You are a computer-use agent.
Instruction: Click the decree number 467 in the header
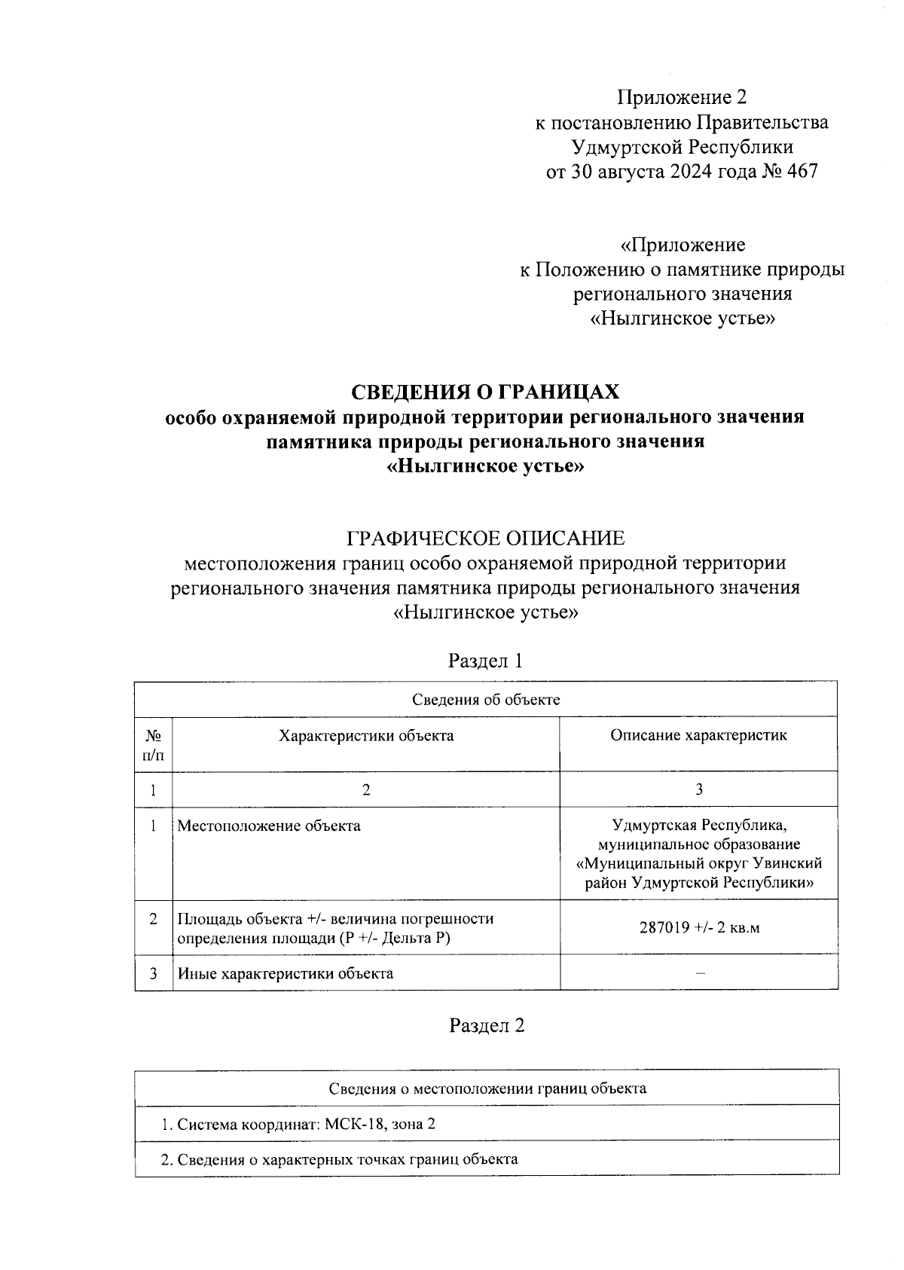[801, 172]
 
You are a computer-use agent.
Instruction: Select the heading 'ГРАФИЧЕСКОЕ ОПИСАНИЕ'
[485, 538]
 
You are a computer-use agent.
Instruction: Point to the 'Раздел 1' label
[485, 661]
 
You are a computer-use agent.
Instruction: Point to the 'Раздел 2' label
[486, 1025]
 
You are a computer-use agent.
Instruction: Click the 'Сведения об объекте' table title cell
[485, 699]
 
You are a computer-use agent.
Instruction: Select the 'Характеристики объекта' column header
[366, 735]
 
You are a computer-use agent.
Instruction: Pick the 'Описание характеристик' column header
[698, 735]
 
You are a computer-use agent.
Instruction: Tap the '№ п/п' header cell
[153, 743]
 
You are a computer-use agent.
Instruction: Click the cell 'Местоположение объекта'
[269, 826]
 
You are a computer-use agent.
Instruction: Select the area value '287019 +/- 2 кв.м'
[698, 927]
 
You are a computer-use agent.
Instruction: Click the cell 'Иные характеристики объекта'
[286, 973]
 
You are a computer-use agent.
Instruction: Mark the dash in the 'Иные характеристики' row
[699, 973]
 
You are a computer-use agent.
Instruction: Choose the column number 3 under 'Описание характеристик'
[699, 789]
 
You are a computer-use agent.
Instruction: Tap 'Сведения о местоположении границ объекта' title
[487, 1088]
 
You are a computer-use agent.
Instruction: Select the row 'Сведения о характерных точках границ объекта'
[340, 1159]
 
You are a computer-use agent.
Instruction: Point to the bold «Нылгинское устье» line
[485, 466]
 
